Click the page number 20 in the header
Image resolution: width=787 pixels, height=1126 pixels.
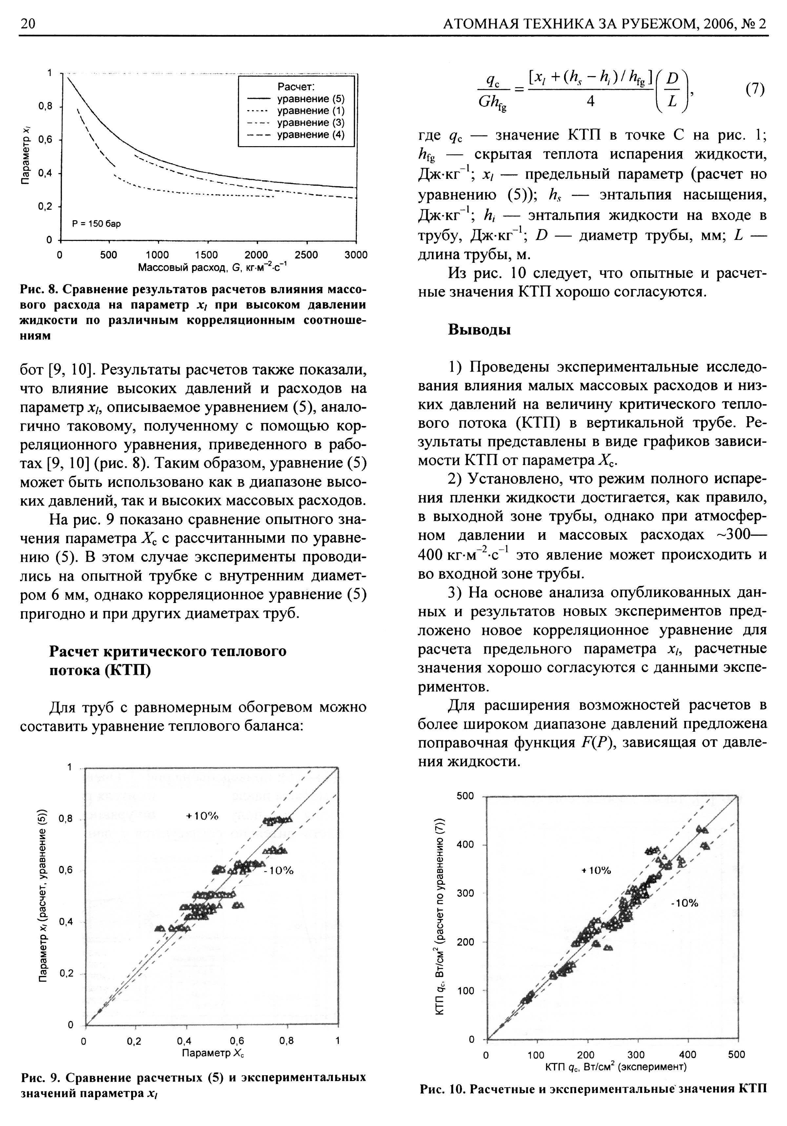[x=28, y=24]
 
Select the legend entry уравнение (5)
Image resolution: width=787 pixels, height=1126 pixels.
[x=311, y=99]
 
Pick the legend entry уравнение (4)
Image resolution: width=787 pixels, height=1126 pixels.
[x=311, y=134]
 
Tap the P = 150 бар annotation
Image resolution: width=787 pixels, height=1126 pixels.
[x=96, y=223]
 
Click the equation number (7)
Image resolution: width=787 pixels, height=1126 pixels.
[x=755, y=89]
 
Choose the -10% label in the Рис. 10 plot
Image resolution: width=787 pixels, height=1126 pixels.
[x=684, y=903]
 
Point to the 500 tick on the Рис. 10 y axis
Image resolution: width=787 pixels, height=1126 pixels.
[x=465, y=796]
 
